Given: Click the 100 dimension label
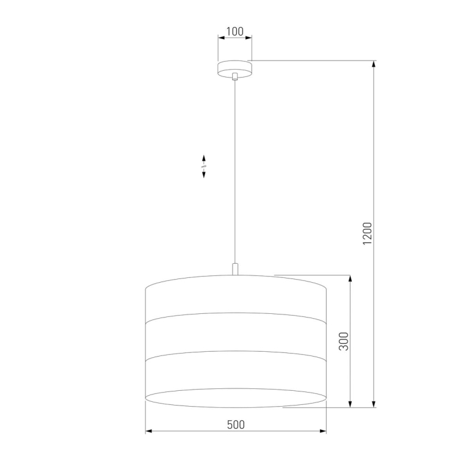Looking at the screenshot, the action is tap(234, 31).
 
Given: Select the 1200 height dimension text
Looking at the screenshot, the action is tap(367, 234).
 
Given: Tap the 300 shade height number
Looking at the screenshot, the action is tap(344, 341).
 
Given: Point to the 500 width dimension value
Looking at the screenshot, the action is tap(236, 425).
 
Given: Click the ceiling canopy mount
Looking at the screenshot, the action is tap(234, 69).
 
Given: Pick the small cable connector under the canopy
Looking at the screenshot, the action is tap(234, 76).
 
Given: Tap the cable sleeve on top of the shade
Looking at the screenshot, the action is tap(235, 269).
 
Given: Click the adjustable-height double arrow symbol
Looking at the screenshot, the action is tap(204, 166).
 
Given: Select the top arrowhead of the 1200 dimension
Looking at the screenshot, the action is tap(374, 64).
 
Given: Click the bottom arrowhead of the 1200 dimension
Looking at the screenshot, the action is tap(374, 404).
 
